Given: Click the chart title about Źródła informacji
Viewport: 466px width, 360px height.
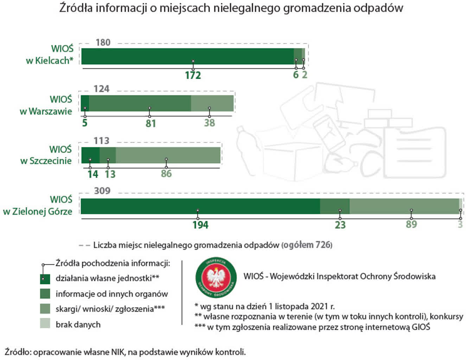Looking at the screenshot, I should [231, 8].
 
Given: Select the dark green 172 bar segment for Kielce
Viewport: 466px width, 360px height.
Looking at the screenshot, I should [187, 56].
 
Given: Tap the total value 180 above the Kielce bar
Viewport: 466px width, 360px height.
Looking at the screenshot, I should [103, 43].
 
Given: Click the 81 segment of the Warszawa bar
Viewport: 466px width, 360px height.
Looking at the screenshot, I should [140, 103].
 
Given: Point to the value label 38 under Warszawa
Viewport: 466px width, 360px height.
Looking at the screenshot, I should [210, 123].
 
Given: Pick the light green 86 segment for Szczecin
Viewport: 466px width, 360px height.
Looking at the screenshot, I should [168, 155].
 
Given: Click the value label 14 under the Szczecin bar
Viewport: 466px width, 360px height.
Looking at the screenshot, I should [93, 174].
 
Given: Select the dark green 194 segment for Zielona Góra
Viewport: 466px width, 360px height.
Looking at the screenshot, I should [200, 206].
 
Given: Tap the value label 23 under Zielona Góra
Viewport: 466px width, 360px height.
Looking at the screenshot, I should [340, 225].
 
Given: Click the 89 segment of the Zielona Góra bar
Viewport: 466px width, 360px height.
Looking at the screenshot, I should [404, 206].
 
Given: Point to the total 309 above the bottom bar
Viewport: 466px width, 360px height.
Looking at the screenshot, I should [102, 191].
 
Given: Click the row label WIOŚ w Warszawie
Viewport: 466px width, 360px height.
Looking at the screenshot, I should [46, 105].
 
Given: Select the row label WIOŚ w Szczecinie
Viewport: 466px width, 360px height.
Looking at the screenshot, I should [46, 155].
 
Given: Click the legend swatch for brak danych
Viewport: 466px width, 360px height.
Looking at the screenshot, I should [45, 324].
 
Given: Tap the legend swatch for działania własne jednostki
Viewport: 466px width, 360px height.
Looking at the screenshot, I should [45, 278].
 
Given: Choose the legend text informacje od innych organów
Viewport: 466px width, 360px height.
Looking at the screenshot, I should [111, 294].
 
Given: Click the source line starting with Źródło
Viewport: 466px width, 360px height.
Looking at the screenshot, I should [125, 352].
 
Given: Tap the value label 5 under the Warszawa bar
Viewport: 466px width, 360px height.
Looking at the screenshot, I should [85, 123].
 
